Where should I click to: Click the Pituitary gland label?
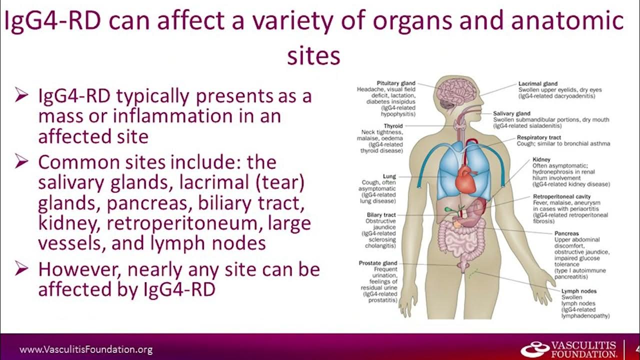coord(396,83)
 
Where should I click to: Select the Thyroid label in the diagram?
coord(393,126)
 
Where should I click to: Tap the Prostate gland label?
coord(378,263)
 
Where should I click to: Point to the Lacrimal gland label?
coord(538,83)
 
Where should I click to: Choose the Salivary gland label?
coord(511,113)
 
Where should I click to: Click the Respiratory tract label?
coord(539,137)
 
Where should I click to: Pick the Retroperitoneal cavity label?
coord(562,197)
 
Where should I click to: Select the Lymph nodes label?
coord(578,291)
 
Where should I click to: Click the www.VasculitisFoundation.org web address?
coord(86,350)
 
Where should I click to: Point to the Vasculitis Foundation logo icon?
coord(534,349)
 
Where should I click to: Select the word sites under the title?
coord(313,56)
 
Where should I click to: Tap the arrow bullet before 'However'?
coord(22,269)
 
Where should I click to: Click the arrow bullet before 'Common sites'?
coord(22,162)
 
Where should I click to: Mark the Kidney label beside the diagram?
coord(541,159)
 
